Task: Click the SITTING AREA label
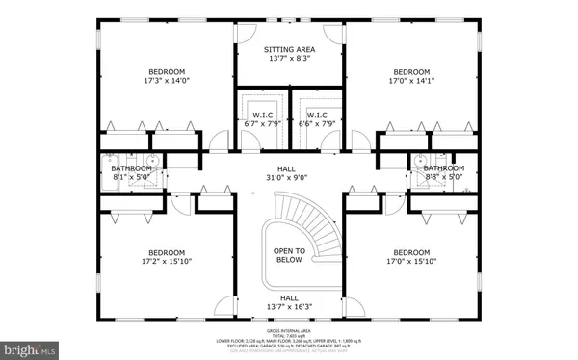289,48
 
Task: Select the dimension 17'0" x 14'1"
410,82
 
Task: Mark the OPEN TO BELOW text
289,255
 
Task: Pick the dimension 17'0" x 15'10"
410,261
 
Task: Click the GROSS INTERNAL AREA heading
289,325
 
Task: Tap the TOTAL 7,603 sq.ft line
289,332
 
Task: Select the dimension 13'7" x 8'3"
289,59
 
